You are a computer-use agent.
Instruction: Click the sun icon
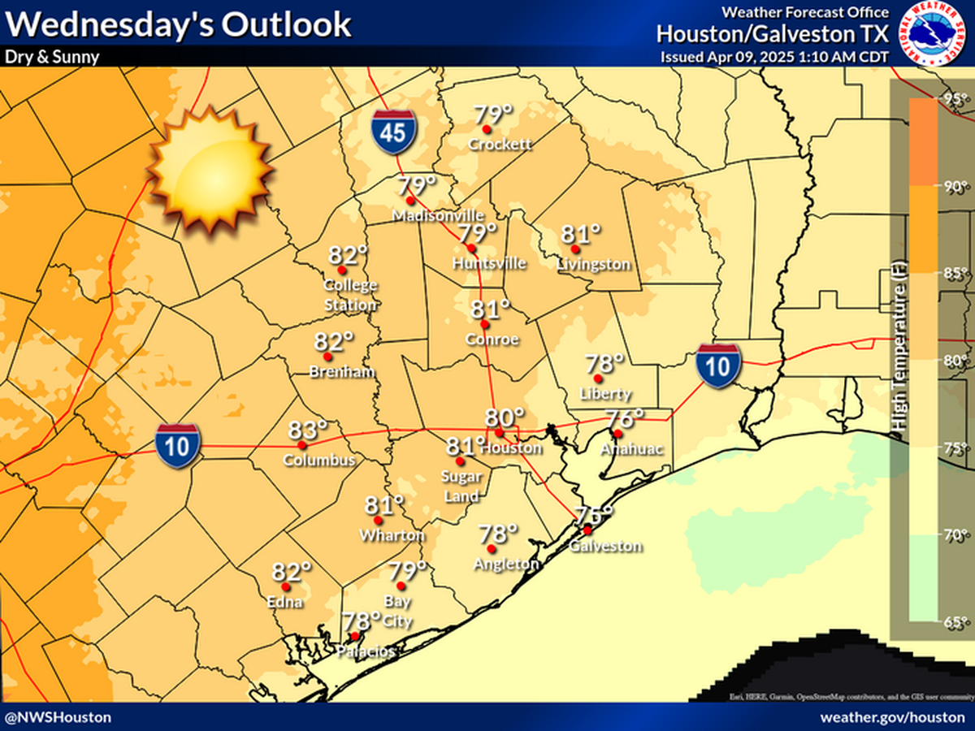(x=208, y=169)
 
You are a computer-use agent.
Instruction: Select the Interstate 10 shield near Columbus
(x=179, y=446)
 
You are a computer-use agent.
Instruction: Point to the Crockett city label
(x=500, y=145)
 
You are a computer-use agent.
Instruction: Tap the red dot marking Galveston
(x=587, y=530)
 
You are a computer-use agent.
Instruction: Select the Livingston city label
(x=593, y=264)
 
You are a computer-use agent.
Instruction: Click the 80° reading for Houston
(x=505, y=417)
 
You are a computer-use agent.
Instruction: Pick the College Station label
(x=351, y=295)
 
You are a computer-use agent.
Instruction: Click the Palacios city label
(x=368, y=651)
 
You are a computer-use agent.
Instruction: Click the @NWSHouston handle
(x=58, y=717)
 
